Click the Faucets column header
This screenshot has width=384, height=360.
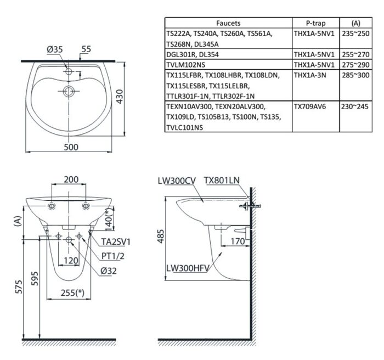[228, 23]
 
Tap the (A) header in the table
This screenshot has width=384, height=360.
[355, 23]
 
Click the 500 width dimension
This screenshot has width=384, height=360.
[71, 147]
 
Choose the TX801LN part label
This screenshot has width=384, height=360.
[222, 179]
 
